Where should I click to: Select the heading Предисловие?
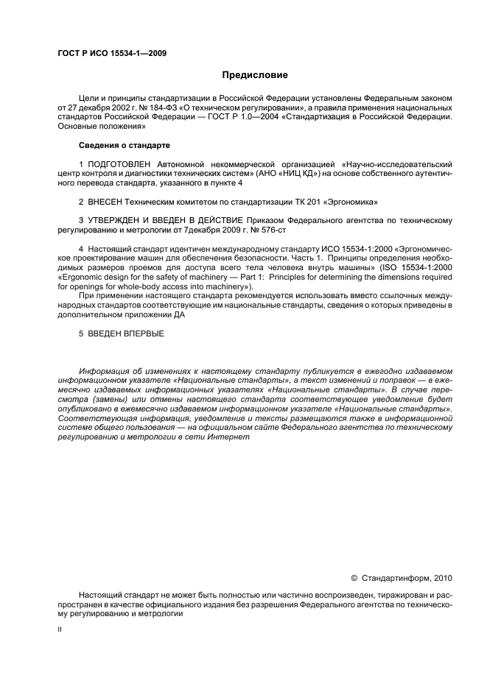point(254,75)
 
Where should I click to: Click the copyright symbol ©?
point(354,579)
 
